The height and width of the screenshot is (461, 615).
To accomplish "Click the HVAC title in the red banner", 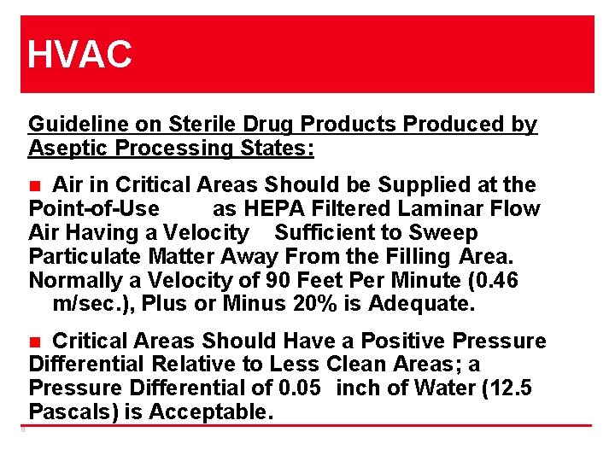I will [x=80, y=55].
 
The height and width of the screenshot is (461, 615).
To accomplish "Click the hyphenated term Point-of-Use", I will [x=94, y=209].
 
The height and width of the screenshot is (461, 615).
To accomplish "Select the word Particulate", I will [x=86, y=257].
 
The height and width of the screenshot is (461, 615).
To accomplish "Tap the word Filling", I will [x=421, y=257].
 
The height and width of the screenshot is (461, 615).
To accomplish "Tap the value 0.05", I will [x=300, y=389].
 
